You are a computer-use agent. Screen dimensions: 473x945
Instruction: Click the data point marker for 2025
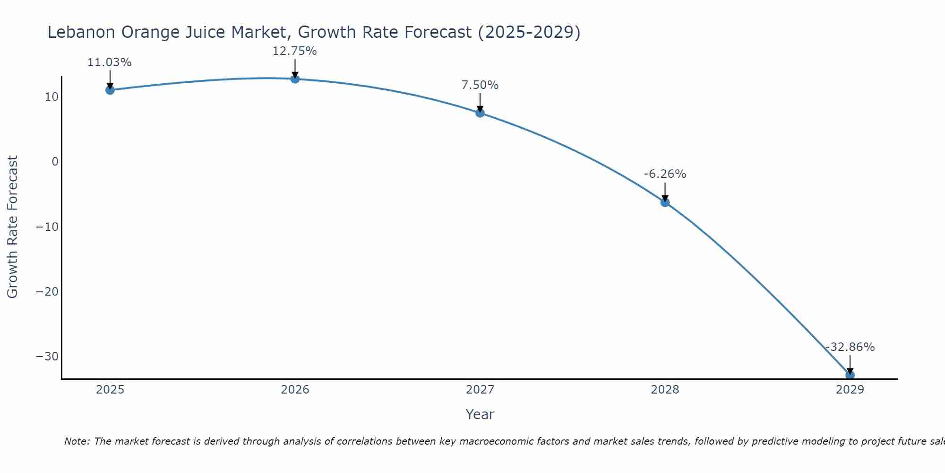tap(110, 90)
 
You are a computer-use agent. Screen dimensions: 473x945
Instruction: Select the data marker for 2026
tap(295, 79)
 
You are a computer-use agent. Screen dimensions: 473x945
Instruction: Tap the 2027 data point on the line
tap(480, 113)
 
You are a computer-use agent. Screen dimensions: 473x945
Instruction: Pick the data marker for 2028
tap(665, 202)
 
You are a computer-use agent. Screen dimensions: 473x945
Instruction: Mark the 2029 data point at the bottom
tap(850, 375)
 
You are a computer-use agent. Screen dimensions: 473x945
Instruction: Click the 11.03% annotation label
tap(109, 62)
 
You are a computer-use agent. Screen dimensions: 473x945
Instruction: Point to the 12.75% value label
tap(294, 51)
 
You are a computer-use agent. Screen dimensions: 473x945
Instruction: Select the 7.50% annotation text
tap(480, 85)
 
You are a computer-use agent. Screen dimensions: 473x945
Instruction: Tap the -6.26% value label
tap(665, 174)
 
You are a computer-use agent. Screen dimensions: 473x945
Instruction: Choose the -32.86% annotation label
tap(850, 347)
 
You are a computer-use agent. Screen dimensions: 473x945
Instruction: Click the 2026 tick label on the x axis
tap(295, 390)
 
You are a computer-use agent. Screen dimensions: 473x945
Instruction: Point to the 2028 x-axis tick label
tap(665, 390)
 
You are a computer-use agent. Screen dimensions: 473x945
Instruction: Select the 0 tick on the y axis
tap(55, 162)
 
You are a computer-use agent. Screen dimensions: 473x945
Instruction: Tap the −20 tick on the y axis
tap(47, 292)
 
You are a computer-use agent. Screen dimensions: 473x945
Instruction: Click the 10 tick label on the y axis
tap(52, 97)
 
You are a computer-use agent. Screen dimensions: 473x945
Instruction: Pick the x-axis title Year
tap(480, 414)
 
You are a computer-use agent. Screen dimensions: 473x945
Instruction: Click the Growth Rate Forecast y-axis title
tap(13, 227)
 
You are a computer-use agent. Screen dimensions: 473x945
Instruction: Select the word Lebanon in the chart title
tap(81, 32)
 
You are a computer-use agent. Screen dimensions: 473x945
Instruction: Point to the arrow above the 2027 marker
tap(480, 103)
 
